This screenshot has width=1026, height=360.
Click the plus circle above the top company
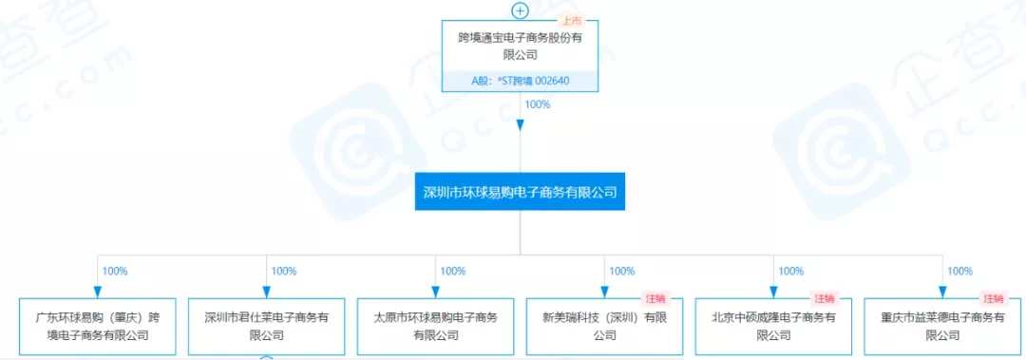(x=520, y=11)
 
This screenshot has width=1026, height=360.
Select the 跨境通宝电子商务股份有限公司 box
(x=520, y=46)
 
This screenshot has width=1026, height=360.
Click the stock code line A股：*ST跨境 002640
(x=520, y=81)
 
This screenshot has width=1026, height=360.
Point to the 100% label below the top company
(x=538, y=104)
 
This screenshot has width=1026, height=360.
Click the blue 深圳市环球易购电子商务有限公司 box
(x=520, y=192)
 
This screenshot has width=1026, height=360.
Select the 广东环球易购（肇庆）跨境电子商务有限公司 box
(x=98, y=326)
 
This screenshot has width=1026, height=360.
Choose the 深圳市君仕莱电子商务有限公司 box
(x=267, y=326)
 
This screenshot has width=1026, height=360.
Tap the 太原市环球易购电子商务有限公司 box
(x=435, y=326)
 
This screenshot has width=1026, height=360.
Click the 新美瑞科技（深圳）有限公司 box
(x=604, y=326)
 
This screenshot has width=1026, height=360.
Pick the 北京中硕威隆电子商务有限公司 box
(x=773, y=326)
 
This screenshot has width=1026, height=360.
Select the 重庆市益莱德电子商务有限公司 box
(x=942, y=326)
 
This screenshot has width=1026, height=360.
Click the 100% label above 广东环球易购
(x=115, y=272)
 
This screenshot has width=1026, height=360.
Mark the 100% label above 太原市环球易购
(x=453, y=272)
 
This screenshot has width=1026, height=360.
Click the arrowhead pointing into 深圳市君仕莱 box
(x=267, y=292)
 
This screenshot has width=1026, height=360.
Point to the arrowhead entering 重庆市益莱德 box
(x=942, y=292)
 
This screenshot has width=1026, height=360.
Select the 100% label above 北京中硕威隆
(x=791, y=272)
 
